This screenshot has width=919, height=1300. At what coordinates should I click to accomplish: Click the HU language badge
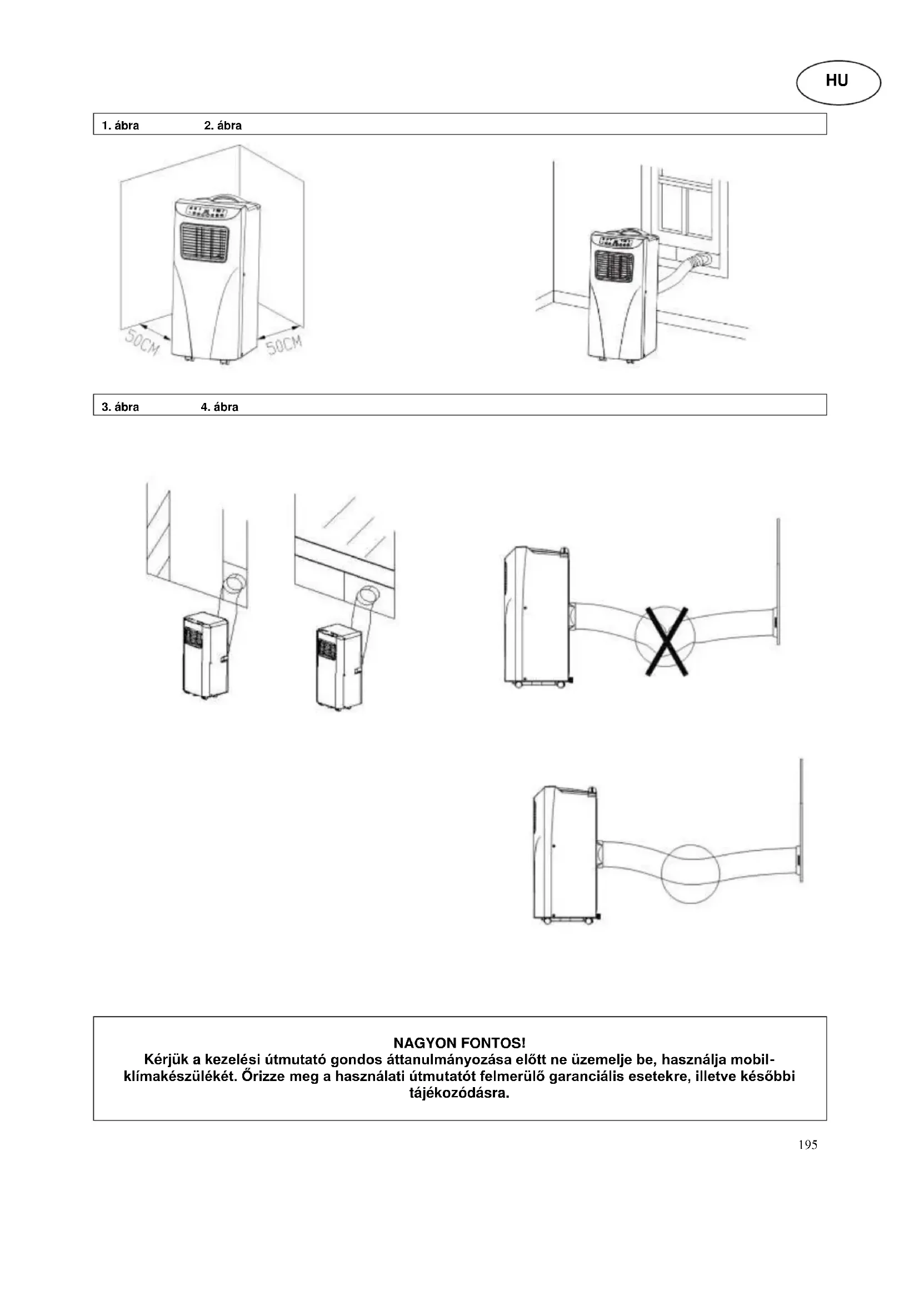click(838, 82)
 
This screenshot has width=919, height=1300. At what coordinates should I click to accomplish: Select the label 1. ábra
click(120, 126)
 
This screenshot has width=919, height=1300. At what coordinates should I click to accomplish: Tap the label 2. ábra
click(222, 126)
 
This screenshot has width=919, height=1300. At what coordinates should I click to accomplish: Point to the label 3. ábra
click(120, 407)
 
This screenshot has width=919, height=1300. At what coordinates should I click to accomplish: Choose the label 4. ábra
click(219, 407)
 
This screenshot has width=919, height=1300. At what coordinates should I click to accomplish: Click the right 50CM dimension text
click(284, 343)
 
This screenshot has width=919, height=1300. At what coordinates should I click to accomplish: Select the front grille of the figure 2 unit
click(614, 265)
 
